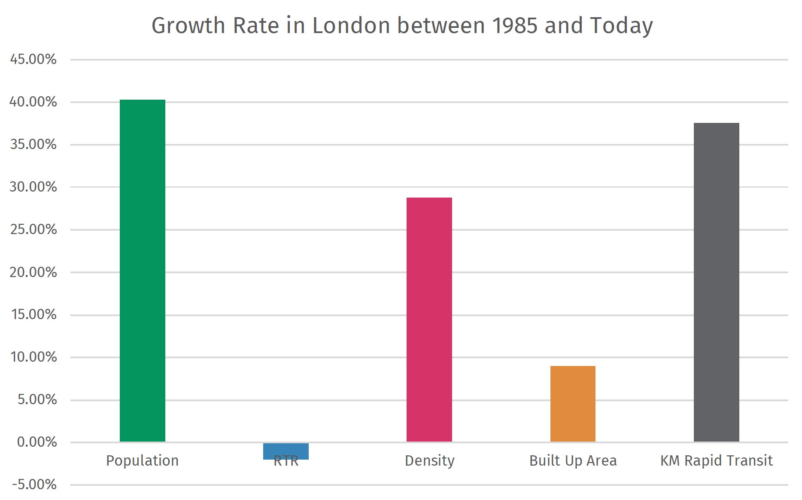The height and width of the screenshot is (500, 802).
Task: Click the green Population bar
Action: [142, 271]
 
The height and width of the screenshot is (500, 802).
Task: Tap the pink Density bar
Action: [429, 320]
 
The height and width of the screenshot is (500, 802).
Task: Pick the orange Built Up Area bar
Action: [573, 404]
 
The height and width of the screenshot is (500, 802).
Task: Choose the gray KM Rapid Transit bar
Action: [716, 282]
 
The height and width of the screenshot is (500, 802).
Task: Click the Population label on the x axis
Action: [142, 460]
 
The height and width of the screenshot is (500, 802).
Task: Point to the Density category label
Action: [429, 460]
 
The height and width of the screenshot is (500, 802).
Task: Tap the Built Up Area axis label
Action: [573, 460]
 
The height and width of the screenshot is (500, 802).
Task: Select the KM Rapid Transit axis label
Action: [716, 460]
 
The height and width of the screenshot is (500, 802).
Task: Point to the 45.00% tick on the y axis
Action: [33, 59]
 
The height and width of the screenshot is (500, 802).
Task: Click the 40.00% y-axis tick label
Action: [33, 102]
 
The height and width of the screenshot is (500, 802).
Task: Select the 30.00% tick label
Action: [33, 187]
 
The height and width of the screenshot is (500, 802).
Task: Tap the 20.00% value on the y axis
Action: [33, 272]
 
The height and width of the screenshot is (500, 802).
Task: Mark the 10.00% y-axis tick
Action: [33, 357]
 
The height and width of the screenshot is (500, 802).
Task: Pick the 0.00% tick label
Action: [36, 442]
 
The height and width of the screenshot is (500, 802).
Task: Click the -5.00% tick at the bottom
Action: [34, 485]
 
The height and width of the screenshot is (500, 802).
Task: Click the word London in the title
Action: [351, 25]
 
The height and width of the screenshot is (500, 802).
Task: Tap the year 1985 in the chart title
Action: [514, 25]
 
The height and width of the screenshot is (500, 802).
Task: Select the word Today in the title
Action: [621, 26]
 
